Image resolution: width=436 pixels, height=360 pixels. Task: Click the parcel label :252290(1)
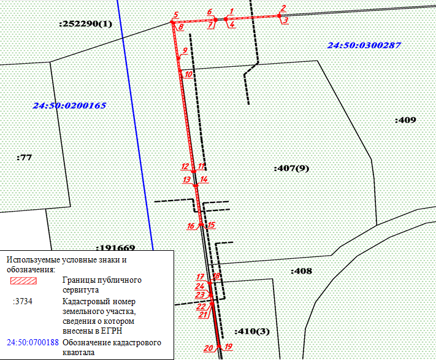point(86,24)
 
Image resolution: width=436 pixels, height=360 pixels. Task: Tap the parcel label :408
point(301,270)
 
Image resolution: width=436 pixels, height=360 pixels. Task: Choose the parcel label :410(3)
point(251,331)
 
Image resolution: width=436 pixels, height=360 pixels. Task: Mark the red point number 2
point(283,9)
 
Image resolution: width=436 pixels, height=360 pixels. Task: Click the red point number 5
point(175,15)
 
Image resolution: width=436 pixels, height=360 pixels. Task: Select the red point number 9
point(184,50)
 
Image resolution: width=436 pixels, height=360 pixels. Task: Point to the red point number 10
point(188,74)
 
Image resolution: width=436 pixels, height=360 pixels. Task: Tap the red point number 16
point(190,226)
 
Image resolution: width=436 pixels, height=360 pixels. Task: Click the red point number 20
point(208,348)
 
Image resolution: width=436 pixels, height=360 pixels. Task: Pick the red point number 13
point(186,180)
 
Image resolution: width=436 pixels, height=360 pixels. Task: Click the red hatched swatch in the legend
point(25,281)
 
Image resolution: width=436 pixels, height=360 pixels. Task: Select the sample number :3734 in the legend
point(25,301)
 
